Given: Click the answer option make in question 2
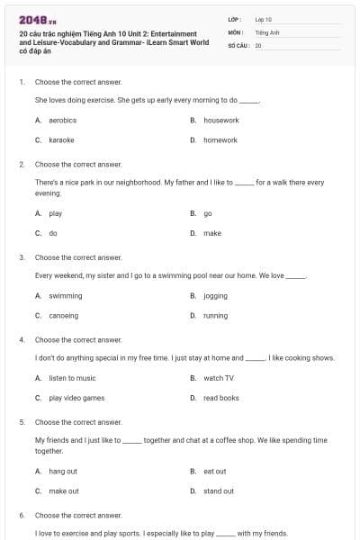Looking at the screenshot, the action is [x=211, y=233].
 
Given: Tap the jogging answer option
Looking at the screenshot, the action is [x=215, y=295].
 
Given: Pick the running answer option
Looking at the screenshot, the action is [x=215, y=316].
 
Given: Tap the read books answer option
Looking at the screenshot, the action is [x=220, y=398].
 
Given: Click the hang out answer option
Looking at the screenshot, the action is [x=63, y=471].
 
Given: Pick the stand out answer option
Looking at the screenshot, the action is [x=219, y=491].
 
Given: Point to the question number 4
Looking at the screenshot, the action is [x=21, y=340].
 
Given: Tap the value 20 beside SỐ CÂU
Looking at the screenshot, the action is [x=258, y=45].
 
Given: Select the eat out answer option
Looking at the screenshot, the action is [x=214, y=471].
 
